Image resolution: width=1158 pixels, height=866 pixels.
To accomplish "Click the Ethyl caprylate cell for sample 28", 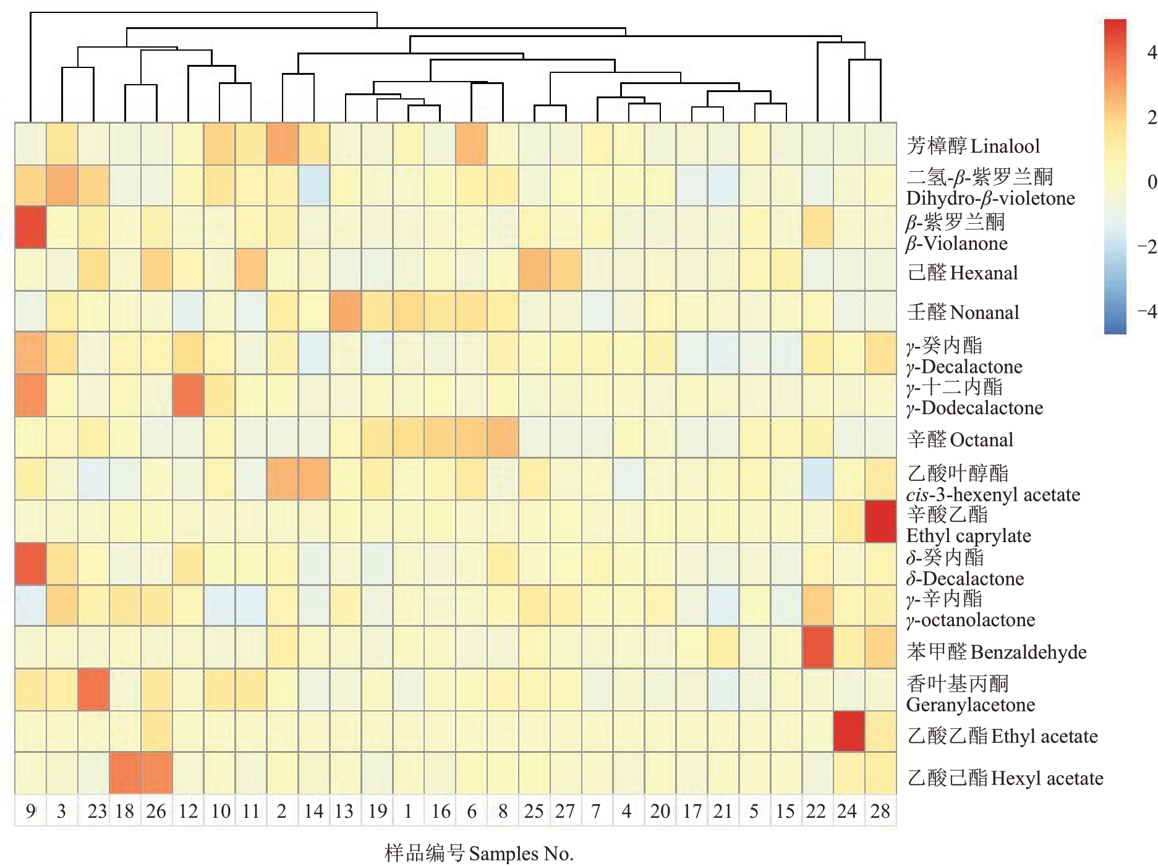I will click(x=880, y=522).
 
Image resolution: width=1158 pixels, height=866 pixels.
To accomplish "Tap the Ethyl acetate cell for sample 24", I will click(x=849, y=731).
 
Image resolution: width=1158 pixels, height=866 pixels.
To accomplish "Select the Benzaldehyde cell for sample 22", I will click(x=817, y=647).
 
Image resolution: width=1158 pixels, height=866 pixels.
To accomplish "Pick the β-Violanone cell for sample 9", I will click(x=30, y=227).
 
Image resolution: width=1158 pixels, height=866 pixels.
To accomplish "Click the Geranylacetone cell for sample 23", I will click(x=93, y=689).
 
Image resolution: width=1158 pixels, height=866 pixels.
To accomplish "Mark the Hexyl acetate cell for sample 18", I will click(x=125, y=773).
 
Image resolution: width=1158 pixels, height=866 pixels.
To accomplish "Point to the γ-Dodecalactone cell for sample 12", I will click(x=188, y=395).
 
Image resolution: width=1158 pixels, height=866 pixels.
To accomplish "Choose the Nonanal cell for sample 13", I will click(x=345, y=312).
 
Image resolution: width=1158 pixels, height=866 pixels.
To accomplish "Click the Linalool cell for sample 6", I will click(x=471, y=144).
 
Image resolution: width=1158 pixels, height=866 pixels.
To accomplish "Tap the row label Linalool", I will click(x=973, y=146).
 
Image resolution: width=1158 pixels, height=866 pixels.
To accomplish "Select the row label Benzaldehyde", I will click(x=996, y=652).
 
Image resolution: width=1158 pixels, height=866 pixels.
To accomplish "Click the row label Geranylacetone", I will click(x=970, y=694).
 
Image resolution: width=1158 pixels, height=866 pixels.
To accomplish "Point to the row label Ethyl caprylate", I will click(x=968, y=525).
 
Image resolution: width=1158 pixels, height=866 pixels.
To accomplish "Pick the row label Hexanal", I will click(x=962, y=273).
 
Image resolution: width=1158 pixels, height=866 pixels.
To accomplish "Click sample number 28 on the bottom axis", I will click(x=880, y=811).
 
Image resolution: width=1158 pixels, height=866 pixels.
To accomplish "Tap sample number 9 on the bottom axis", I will click(x=30, y=811).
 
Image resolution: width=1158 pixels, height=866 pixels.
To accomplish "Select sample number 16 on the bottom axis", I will click(x=440, y=811).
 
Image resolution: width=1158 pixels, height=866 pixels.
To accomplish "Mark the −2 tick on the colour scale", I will click(x=1147, y=247).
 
